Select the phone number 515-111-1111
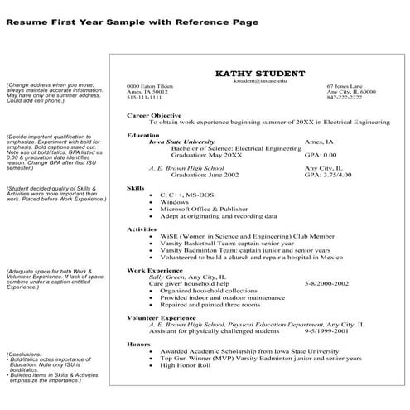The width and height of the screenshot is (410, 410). pyautogui.click(x=144, y=98)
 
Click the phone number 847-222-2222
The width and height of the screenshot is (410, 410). pyautogui.click(x=345, y=98)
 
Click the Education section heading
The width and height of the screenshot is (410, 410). pyautogui.click(x=143, y=134)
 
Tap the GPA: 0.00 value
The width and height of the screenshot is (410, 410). pyautogui.click(x=321, y=155)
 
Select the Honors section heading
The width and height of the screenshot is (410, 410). pyautogui.click(x=138, y=343)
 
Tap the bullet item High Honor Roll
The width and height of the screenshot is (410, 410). pyautogui.click(x=186, y=364)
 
